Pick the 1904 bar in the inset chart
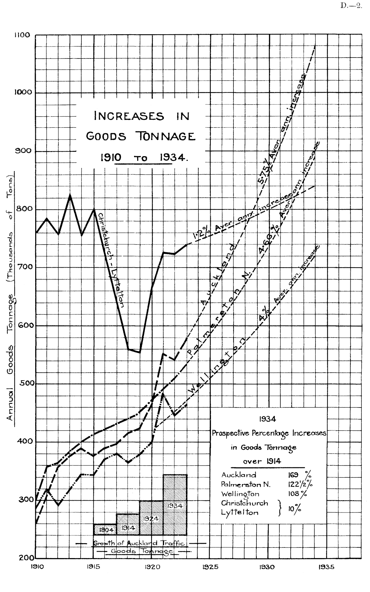point(105,530)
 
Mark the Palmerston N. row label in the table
point(246,485)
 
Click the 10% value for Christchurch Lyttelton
point(295,509)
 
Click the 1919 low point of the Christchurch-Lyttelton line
point(139,352)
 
